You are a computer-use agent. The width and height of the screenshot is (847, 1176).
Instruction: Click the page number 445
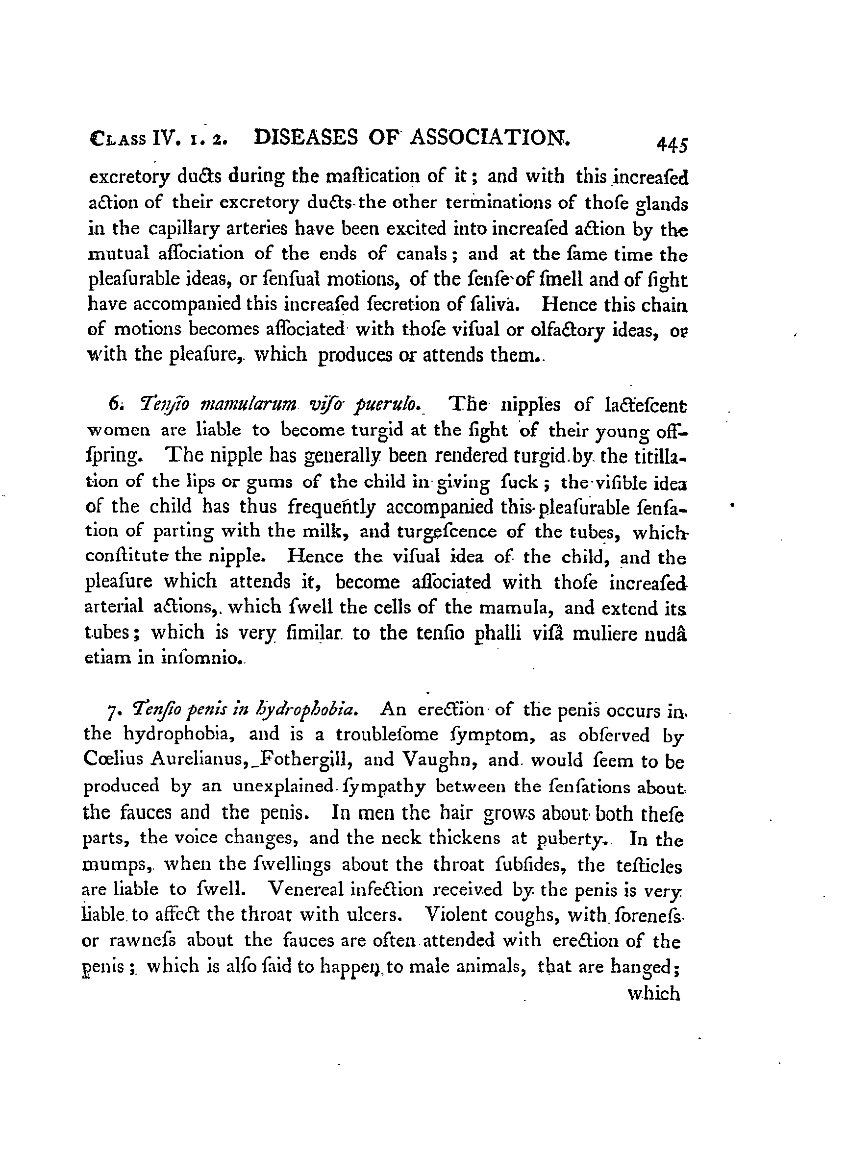click(x=672, y=145)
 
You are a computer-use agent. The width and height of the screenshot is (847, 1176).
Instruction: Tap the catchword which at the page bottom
click(x=653, y=994)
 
